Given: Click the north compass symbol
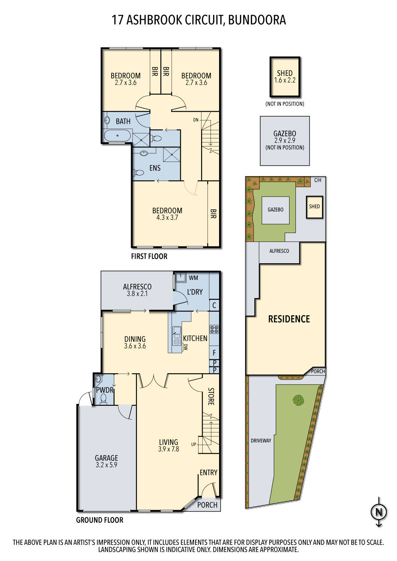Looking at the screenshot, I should pos(379,512).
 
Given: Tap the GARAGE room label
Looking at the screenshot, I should pos(106,458).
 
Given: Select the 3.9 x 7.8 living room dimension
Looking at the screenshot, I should pos(169,449).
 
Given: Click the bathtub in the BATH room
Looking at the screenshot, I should pos(118,136).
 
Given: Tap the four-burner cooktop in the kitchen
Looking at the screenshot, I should pos(214,329).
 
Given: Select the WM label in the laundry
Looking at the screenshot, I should pos(193,278).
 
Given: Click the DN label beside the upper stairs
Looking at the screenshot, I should pos(196,120).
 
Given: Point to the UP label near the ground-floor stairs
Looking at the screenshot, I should pos(194,444).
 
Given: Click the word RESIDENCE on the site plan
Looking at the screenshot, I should pos(289,319).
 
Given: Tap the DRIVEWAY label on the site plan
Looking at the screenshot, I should pos(261,441).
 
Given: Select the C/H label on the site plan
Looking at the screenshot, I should pos(318,180).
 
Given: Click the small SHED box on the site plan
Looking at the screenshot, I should pos(314,207).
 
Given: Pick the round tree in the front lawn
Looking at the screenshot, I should pos(298,400).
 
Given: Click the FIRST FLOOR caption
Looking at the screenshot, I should pos(149,256).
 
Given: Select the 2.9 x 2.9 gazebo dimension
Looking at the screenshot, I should pos(285,141).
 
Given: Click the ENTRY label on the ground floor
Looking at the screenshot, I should pos(208,472).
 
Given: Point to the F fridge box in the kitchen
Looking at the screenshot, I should pos(214,353).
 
